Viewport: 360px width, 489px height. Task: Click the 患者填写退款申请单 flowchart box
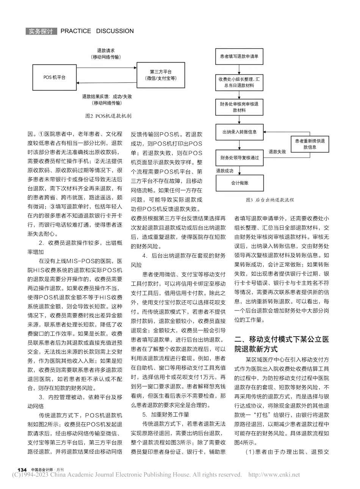[239, 56]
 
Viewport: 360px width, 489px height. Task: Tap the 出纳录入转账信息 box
[239, 132]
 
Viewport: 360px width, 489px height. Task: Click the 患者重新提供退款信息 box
[309, 144]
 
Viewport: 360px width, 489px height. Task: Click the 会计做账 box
[239, 182]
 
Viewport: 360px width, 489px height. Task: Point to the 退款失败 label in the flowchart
[277, 152]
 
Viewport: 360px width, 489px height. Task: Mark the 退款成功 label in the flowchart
[224, 171]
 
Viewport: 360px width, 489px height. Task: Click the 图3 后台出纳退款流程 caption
[270, 200]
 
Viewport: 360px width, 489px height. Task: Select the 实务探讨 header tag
[41, 31]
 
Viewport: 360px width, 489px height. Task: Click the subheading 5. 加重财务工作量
[163, 414]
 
